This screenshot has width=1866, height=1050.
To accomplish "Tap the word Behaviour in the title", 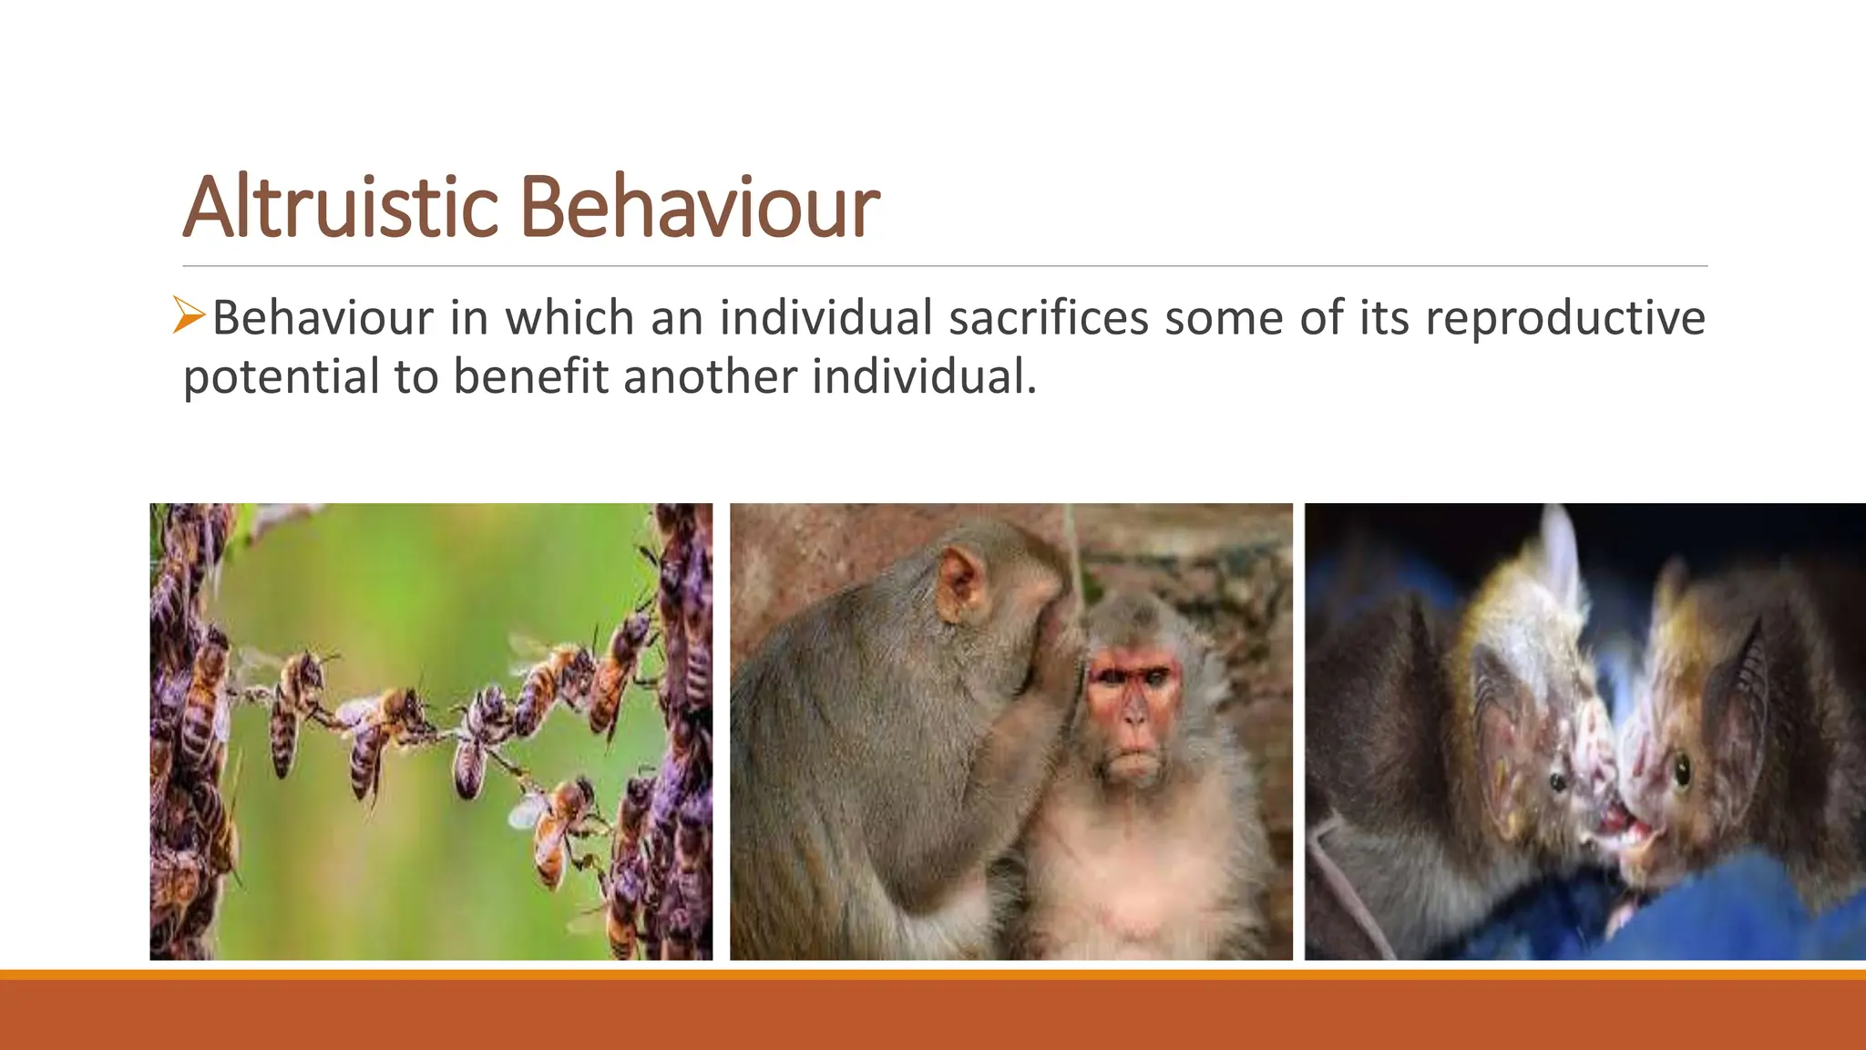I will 699,208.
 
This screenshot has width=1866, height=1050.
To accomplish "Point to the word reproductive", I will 1564,318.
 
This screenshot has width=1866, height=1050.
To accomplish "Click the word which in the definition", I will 569,318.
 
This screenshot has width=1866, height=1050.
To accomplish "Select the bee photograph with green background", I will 431,731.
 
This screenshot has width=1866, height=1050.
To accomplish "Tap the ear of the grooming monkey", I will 960,583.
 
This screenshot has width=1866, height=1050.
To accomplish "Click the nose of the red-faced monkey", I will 1133,716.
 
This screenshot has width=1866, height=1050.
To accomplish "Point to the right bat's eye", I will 1682,771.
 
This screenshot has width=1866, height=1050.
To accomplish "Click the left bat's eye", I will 1558,780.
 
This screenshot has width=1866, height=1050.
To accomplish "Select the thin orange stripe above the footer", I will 933,974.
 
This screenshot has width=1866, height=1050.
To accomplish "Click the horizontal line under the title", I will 944,266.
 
